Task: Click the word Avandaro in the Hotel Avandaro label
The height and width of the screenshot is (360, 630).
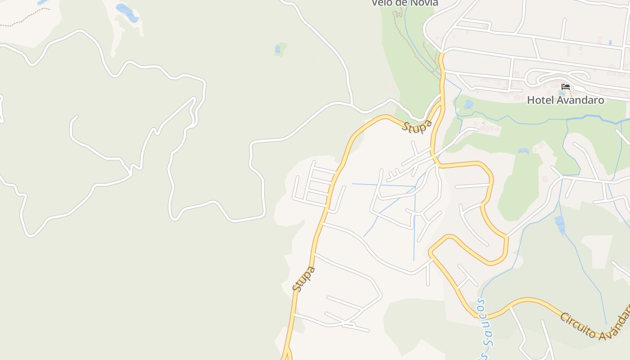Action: (x=580, y=100)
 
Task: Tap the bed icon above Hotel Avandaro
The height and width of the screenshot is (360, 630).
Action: (x=566, y=86)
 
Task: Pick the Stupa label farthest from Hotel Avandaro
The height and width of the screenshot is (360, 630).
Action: (x=304, y=279)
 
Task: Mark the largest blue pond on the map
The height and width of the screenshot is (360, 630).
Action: (x=127, y=12)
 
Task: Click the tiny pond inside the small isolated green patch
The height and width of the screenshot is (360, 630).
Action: (x=278, y=49)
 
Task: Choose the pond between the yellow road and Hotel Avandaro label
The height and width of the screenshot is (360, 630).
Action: (x=468, y=104)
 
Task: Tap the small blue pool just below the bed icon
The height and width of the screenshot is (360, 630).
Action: (x=562, y=94)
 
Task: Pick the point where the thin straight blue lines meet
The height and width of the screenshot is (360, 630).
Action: (x=414, y=186)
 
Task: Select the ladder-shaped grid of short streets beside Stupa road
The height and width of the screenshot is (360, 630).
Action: (x=315, y=184)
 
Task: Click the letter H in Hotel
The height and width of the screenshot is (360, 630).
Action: (x=531, y=100)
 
